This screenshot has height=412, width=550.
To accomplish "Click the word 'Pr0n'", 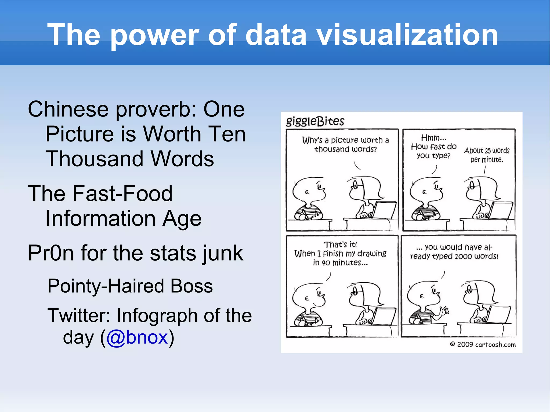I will pos(51,253).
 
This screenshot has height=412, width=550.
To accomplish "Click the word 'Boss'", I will pos(191,286).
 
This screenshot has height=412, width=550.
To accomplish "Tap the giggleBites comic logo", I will pos(315,121).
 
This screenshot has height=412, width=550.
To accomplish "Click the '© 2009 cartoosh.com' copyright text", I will pos(483,344).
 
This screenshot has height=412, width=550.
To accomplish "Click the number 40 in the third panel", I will pos(326,263).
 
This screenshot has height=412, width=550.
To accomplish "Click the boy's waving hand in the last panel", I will pos(443,311).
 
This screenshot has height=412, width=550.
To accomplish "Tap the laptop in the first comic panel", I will pos(383,210).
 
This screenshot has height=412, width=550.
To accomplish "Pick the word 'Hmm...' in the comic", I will pos(433,138).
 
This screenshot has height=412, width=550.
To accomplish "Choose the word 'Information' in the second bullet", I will pos(101,218).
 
